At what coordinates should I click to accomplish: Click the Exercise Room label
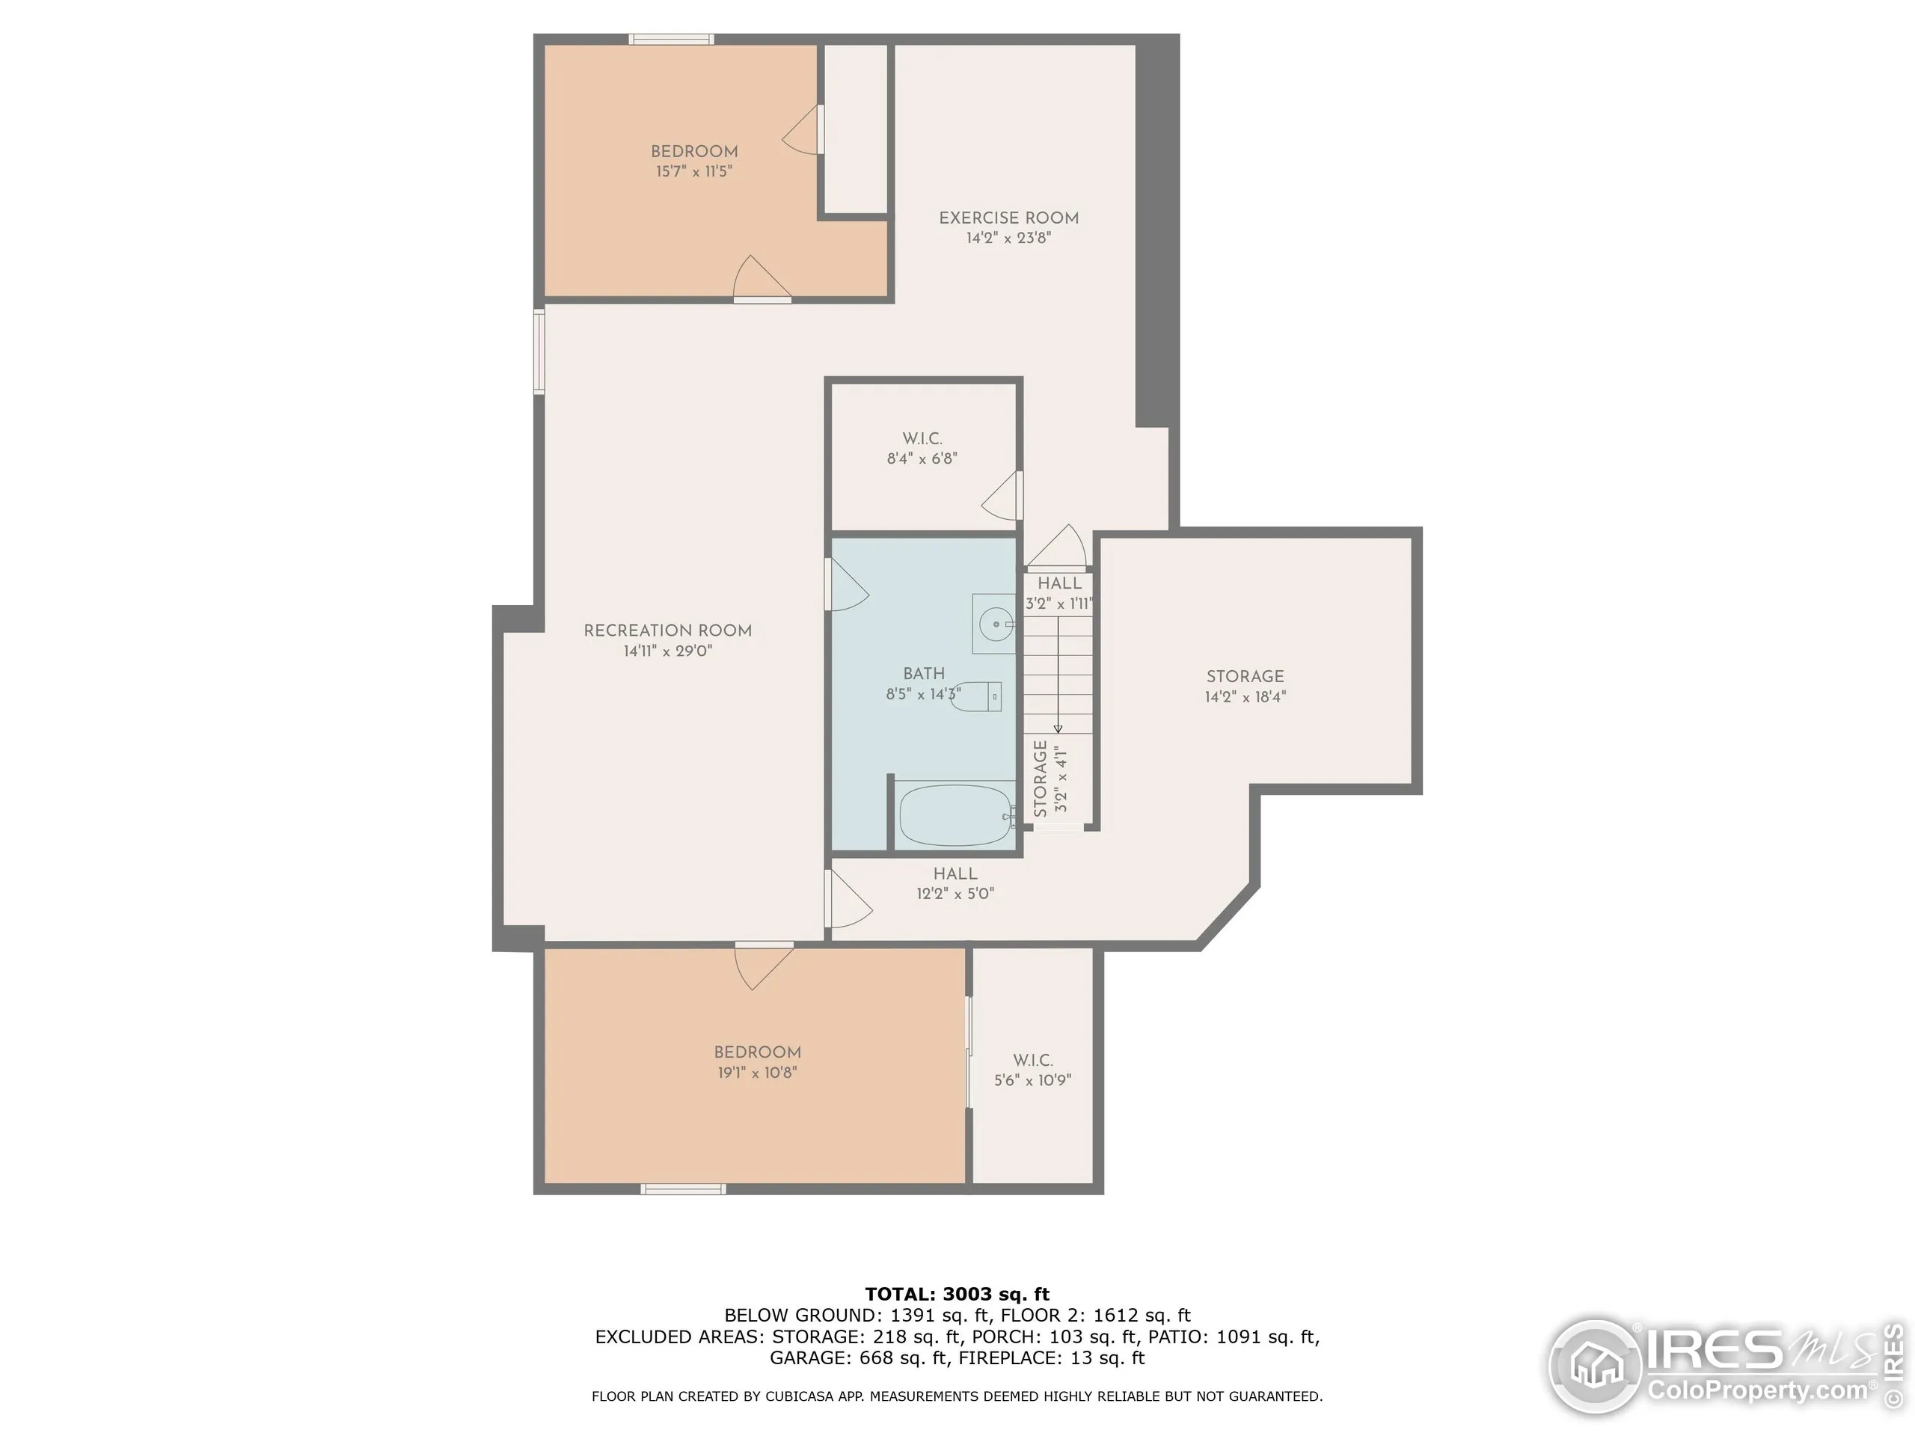(1008, 218)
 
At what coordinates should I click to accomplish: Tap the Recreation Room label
(667, 631)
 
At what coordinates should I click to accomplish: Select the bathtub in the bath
(955, 815)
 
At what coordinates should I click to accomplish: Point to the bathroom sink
(996, 623)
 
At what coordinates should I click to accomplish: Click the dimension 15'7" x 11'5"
(693, 171)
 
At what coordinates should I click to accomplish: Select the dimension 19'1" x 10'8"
(757, 1073)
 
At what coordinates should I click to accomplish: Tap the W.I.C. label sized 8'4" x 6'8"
(922, 439)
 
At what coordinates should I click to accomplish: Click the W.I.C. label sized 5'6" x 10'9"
(1033, 1061)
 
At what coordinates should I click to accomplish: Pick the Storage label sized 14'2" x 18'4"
(1245, 677)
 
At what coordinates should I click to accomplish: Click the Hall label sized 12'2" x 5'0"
(955, 874)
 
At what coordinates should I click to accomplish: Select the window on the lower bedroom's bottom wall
(683, 1189)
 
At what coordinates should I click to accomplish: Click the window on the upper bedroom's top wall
(671, 39)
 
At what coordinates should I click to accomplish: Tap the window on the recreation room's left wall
(539, 352)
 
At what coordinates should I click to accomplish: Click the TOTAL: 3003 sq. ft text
(957, 1294)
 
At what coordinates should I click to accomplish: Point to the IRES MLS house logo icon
(1596, 1366)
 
